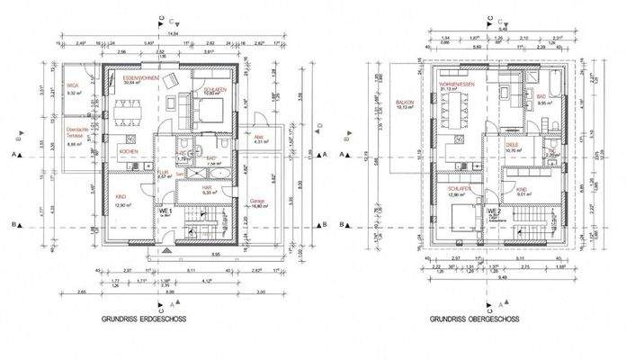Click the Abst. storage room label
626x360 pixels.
[x=259, y=136]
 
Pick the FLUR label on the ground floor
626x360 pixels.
[x=164, y=172]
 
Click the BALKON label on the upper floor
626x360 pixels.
[x=404, y=103]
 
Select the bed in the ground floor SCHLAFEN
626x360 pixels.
[x=209, y=111]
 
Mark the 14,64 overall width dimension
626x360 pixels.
[x=173, y=33]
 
